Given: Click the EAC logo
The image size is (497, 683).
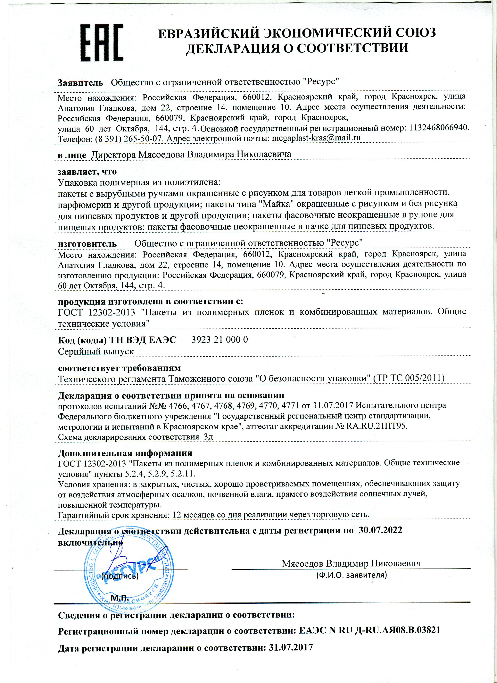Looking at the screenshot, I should pyautogui.click(x=102, y=43).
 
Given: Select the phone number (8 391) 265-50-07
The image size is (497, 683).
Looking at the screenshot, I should pyautogui.click(x=129, y=139).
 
